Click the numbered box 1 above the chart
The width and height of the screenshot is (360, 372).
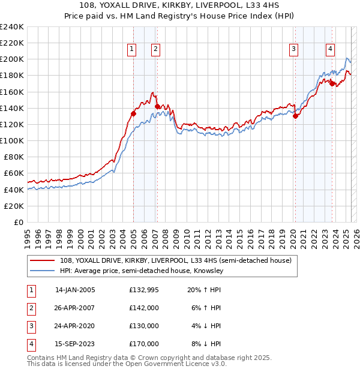tap(131, 49)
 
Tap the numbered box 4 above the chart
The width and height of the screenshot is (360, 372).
tap(330, 49)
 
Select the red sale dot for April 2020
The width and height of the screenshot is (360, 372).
tap(295, 116)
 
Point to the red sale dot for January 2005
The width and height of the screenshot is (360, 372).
tap(133, 113)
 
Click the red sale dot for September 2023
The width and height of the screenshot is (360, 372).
tap(332, 83)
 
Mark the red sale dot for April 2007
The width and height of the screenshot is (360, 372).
tap(157, 106)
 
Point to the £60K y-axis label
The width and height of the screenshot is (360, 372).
tap(13, 173)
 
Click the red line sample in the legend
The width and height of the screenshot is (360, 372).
tap(43, 261)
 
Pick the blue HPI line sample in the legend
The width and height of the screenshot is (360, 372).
tap(43, 271)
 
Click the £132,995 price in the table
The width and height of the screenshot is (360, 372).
tap(144, 290)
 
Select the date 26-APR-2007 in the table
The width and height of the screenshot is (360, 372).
tap(75, 308)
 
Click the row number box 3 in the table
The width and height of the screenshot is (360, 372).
tap(31, 326)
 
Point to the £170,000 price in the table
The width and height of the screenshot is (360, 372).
tap(144, 344)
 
